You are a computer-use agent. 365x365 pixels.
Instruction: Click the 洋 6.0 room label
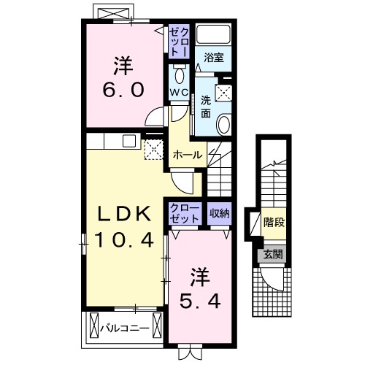(x=123, y=78)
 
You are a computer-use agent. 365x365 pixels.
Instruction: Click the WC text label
(x=180, y=93)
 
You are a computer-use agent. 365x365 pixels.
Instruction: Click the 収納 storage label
(x=219, y=212)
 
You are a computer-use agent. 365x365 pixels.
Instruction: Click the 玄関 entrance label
(x=273, y=255)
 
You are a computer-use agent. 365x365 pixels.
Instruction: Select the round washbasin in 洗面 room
(x=224, y=123)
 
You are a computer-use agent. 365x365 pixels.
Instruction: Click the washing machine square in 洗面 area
(x=226, y=92)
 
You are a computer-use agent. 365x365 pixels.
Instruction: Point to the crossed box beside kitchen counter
(x=153, y=150)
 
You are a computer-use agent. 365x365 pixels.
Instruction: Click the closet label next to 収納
(x=183, y=212)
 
